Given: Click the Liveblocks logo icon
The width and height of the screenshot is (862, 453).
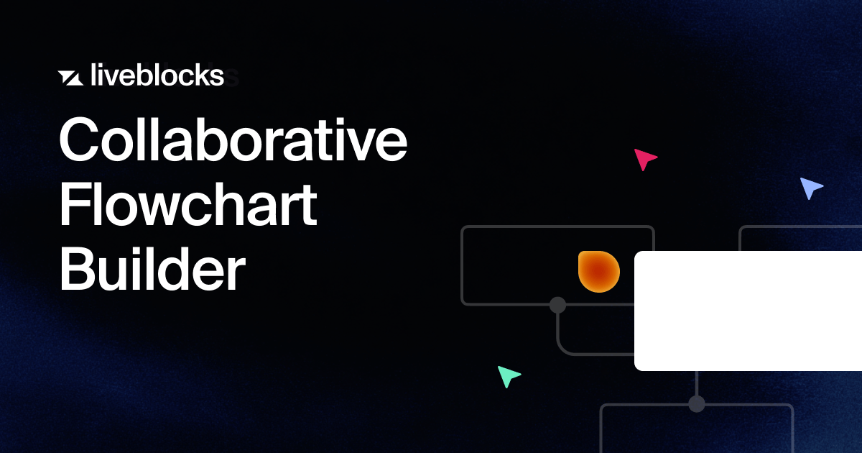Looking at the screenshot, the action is pyautogui.click(x=70, y=78).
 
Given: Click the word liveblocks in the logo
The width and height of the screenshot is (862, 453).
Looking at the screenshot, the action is pyautogui.click(x=157, y=75).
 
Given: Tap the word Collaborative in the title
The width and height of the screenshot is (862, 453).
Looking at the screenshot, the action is pyautogui.click(x=233, y=139).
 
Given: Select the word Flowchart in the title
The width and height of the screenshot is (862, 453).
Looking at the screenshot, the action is pyautogui.click(x=188, y=204).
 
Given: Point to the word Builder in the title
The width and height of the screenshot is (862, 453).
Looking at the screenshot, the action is pyautogui.click(x=152, y=269).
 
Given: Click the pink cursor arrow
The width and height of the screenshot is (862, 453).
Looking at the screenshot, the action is pyautogui.click(x=645, y=159).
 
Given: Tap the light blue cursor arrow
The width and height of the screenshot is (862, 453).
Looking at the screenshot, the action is pyautogui.click(x=811, y=188).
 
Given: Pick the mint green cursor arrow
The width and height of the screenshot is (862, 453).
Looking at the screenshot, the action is pyautogui.click(x=509, y=376).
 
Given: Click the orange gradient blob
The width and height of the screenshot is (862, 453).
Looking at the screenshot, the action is pyautogui.click(x=599, y=272).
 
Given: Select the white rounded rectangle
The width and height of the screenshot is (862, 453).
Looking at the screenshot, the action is pyautogui.click(x=748, y=311).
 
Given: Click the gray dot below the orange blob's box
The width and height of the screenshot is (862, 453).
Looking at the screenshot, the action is pyautogui.click(x=557, y=305).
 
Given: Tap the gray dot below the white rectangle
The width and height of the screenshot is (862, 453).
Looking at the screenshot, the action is pyautogui.click(x=697, y=404).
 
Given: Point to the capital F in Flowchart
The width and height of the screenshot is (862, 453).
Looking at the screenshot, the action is pyautogui.click(x=75, y=204).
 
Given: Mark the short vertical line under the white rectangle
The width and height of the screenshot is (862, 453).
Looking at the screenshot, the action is pyautogui.click(x=697, y=383).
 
